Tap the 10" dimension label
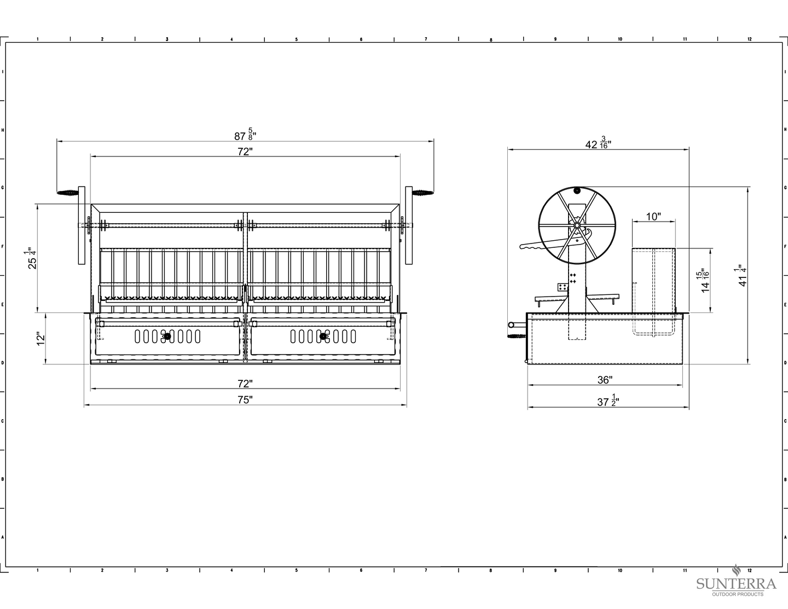click(x=653, y=217)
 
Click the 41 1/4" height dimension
click(x=743, y=276)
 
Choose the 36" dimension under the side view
click(x=605, y=380)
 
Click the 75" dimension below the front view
click(x=245, y=399)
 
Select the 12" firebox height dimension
click(x=40, y=338)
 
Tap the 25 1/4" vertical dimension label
click(x=32, y=258)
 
